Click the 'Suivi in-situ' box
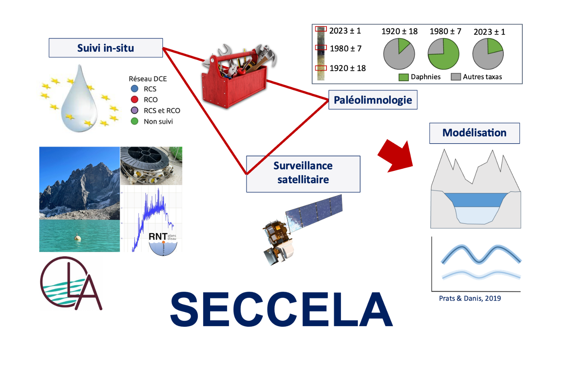click(105, 48)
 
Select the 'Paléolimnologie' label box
click(373, 100)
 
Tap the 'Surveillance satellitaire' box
click(303, 174)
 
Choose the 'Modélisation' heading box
click(474, 133)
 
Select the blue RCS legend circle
click(134, 89)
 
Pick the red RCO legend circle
click(134, 99)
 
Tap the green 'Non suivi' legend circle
click(134, 121)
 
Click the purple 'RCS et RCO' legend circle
click(134, 110)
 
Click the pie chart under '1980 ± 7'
click(443, 54)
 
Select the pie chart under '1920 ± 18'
click(399, 54)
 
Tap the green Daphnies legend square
click(404, 77)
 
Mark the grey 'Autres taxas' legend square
click(456, 77)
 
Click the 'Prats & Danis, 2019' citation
click(470, 298)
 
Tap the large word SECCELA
click(281, 309)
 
